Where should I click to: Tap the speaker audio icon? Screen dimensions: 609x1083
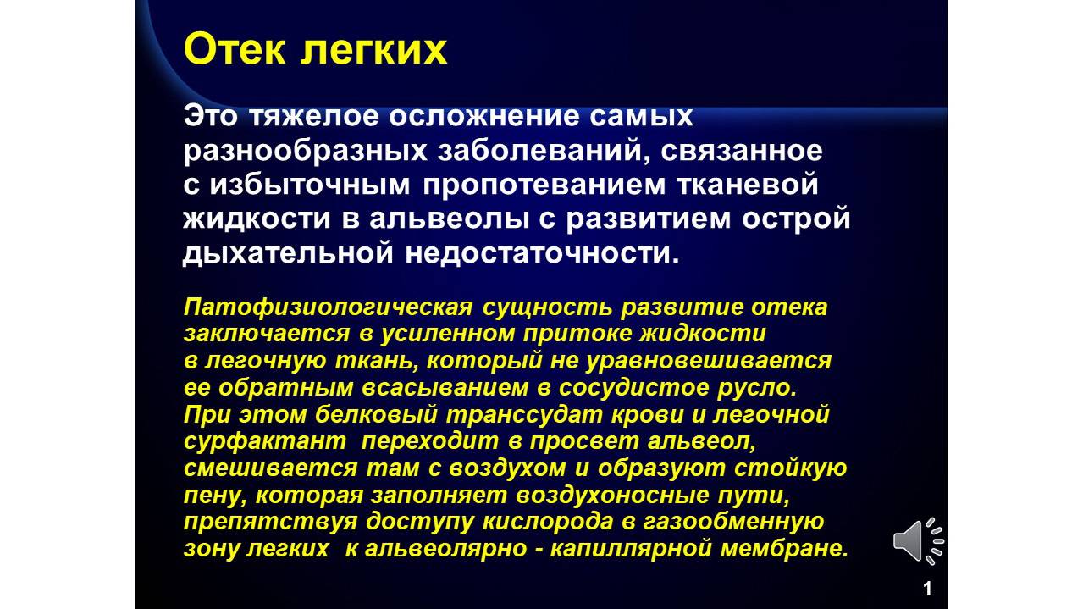coord(918,540)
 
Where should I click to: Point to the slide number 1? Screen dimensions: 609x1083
coord(927,589)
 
